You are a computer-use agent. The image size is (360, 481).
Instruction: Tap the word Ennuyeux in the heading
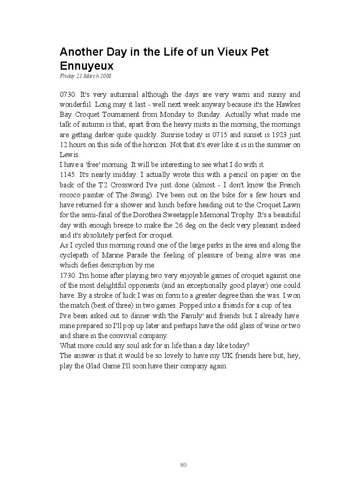point(86,66)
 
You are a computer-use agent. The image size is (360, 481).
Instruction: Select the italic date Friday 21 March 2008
point(86,76)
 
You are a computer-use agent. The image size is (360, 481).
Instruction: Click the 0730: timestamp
point(68,95)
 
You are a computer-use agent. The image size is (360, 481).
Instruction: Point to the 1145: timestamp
point(68,175)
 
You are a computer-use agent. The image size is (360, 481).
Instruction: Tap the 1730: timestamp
point(68,276)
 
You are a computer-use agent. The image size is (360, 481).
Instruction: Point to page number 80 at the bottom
point(183,465)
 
